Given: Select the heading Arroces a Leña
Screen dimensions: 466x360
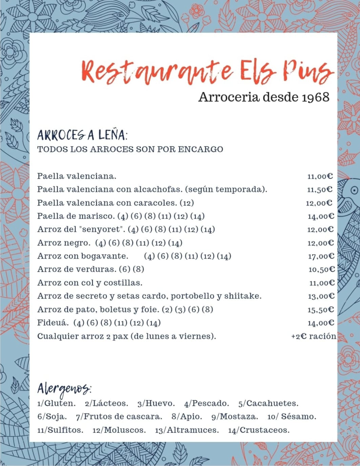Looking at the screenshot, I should click(82, 135).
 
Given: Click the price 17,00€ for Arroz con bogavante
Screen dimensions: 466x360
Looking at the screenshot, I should click(321, 256).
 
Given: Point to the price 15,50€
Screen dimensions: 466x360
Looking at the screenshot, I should click(321, 310).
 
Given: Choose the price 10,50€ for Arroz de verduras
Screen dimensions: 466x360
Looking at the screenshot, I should click(321, 269).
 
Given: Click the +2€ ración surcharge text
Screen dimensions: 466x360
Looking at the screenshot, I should click(314, 337).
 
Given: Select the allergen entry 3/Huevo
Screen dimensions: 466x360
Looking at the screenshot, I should click(156, 404).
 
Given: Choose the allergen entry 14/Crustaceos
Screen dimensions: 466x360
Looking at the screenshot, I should click(259, 430).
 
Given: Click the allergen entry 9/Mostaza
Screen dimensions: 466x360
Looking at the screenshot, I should click(235, 417).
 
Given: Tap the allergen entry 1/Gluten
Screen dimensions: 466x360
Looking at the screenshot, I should click(57, 404).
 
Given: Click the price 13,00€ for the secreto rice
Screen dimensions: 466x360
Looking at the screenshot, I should click(321, 296).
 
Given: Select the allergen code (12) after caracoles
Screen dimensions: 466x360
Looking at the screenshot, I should click(187, 203).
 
